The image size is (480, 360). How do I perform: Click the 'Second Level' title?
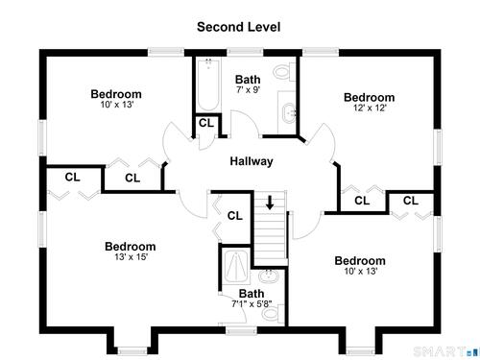click(x=238, y=27)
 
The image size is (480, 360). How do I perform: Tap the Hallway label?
click(x=252, y=161)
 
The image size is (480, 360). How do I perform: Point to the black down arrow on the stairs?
click(x=270, y=203)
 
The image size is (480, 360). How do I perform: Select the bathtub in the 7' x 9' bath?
click(x=208, y=84)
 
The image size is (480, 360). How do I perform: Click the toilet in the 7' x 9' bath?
click(x=284, y=72)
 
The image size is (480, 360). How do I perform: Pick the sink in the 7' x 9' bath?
click(x=289, y=113)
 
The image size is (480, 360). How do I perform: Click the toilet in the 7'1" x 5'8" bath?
click(x=273, y=314)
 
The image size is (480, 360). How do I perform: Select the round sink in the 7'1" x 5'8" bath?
click(x=269, y=276)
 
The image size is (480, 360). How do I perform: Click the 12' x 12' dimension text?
click(x=370, y=108)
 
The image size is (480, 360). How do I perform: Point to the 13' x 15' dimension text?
click(x=131, y=257)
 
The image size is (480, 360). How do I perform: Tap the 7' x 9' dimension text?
click(x=248, y=89)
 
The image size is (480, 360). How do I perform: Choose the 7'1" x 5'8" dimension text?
click(x=252, y=303)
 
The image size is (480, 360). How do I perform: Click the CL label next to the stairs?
click(x=235, y=216)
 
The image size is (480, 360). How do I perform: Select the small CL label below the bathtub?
click(x=206, y=123)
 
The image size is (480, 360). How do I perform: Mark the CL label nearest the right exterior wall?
click(x=411, y=201)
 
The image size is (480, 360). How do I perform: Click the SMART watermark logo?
click(x=446, y=351)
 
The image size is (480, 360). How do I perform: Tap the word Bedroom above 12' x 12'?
click(x=369, y=97)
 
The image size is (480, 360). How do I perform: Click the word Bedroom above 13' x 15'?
click(x=131, y=247)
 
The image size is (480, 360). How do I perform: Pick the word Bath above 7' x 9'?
click(x=248, y=80)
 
